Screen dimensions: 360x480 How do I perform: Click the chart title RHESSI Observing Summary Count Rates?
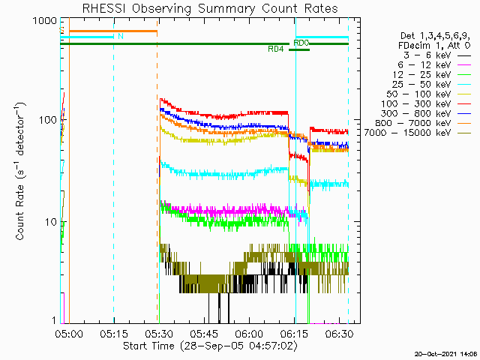tap(206, 9)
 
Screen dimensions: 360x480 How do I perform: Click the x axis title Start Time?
tap(204, 346)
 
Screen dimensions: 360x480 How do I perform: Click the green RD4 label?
tap(276, 49)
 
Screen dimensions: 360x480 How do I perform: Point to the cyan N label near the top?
tap(121, 35)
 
